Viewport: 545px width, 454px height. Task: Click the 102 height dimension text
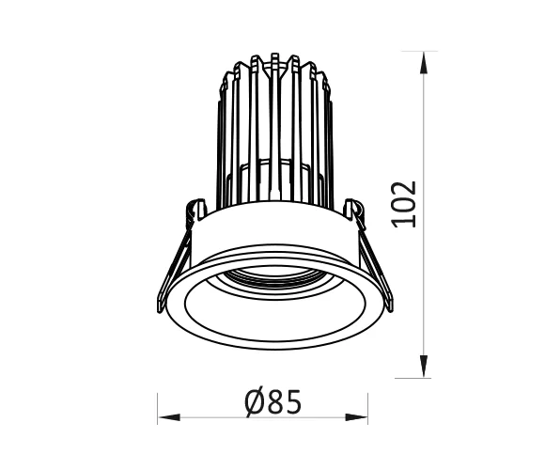pos(404,203)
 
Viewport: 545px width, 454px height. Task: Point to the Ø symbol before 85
pos(252,402)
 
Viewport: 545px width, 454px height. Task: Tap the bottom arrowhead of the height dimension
pos(426,368)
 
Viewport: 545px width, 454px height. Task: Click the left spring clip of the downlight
pos(177,263)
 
